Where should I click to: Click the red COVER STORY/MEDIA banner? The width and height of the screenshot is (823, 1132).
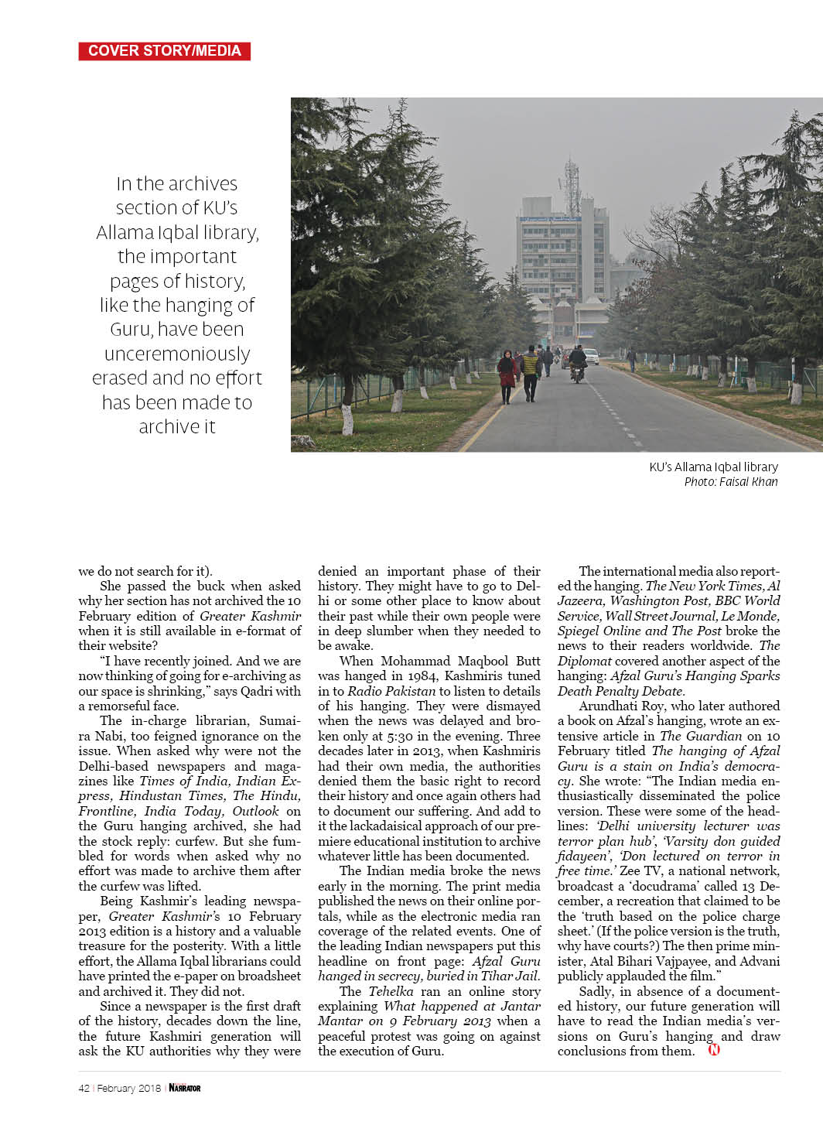click(164, 51)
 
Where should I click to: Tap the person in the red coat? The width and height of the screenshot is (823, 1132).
click(507, 376)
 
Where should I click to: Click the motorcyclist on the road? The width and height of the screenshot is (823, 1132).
click(577, 364)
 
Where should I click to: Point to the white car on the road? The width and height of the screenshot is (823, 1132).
click(591, 357)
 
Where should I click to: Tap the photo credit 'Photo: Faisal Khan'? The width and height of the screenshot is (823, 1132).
click(730, 481)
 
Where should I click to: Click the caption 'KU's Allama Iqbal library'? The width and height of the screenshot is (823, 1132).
click(713, 467)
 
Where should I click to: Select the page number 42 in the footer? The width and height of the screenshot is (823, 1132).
click(84, 1088)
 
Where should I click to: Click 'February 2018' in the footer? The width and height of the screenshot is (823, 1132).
click(129, 1088)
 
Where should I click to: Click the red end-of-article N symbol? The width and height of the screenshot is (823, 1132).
click(713, 1050)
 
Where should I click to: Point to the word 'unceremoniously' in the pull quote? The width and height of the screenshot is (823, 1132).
click(177, 354)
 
